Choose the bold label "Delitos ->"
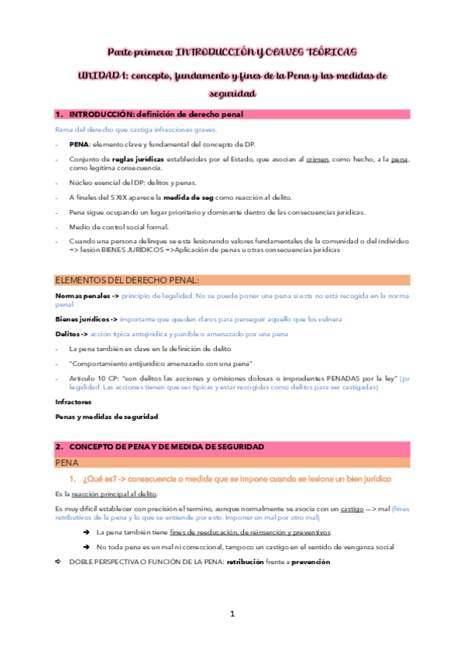coord(72,334)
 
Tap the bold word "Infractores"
coord(73,402)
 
